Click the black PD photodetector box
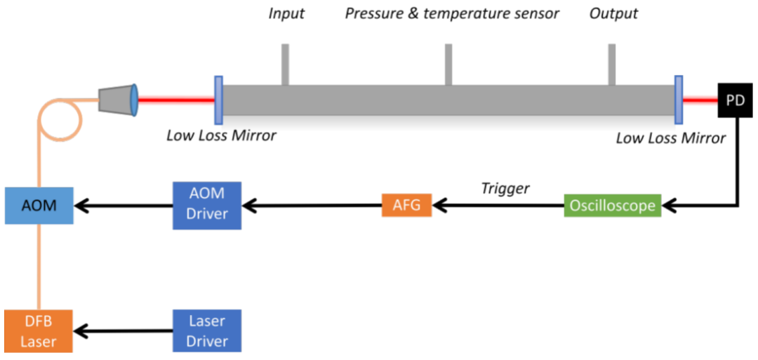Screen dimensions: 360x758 click(735, 100)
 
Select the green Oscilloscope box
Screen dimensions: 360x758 click(613, 206)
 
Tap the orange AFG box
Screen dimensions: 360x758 click(406, 206)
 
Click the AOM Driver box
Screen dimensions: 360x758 click(207, 205)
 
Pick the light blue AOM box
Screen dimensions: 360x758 click(39, 205)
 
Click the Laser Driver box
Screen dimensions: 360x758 click(207, 331)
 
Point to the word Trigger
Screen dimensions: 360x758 click(505, 188)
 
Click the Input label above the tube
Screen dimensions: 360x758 click(286, 14)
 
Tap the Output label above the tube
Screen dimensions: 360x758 click(613, 14)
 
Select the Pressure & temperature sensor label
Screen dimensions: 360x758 click(452, 14)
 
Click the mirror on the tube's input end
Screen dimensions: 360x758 click(219, 100)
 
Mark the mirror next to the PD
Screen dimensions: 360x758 click(679, 100)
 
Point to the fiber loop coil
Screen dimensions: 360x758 click(59, 124)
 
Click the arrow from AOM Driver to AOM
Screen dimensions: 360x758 click(124, 206)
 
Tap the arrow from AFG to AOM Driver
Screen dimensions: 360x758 click(312, 206)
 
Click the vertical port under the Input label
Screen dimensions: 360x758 click(286, 65)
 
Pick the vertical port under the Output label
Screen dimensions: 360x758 click(612, 65)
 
